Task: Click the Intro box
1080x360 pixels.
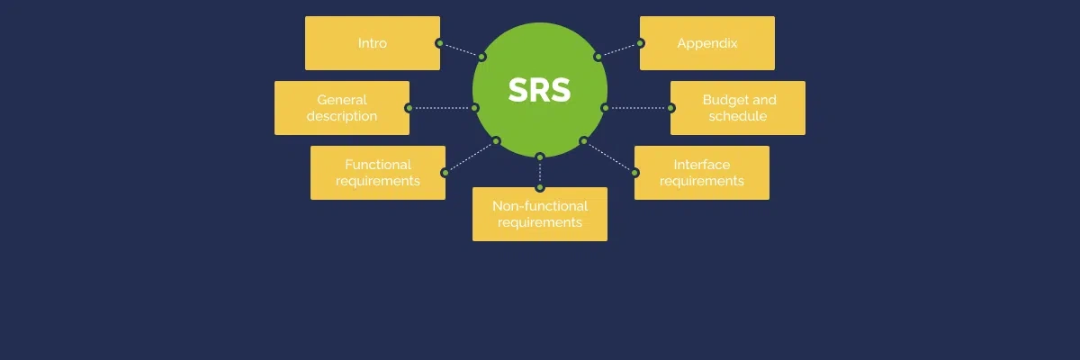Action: [373, 43]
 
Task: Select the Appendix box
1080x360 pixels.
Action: [707, 43]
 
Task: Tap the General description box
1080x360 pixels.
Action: [342, 108]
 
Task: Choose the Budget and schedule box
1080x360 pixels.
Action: [738, 108]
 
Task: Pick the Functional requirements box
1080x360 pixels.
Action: [378, 173]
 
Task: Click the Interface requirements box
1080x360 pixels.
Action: [702, 173]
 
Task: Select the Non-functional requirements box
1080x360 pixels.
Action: [540, 214]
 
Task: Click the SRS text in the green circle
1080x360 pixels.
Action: [540, 90]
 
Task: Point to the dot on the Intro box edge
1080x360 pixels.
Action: [439, 43]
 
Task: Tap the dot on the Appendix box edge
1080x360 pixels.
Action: [641, 43]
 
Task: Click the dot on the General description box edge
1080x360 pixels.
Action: [409, 108]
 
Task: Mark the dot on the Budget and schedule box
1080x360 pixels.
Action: [671, 108]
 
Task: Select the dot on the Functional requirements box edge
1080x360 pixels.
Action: [445, 173]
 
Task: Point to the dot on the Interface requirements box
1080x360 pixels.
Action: [635, 173]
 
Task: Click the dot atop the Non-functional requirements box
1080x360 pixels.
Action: [540, 187]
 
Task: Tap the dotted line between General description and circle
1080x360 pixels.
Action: [441, 108]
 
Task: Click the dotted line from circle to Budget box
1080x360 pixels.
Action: [639, 108]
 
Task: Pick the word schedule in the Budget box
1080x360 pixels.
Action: [738, 116]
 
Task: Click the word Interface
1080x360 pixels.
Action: [702, 165]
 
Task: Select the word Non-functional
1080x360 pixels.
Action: [540, 206]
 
